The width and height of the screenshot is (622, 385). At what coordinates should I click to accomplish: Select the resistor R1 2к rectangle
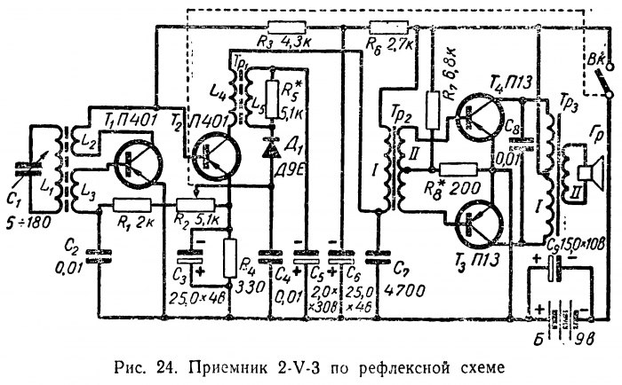point(133,204)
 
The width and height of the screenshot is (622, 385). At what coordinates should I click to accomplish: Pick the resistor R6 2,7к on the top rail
point(383,28)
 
